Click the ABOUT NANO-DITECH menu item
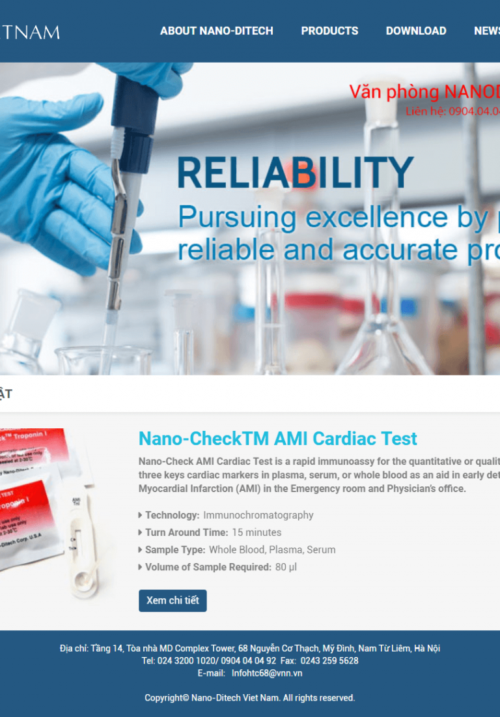pos(216,31)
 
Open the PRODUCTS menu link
pos(329,31)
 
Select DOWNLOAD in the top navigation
pos(415,31)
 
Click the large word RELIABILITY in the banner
pos(295,173)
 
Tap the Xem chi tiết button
pos(173,600)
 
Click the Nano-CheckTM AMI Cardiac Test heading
pos(278,439)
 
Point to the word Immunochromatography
pos(258,515)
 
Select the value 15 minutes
pos(257,533)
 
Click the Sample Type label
pos(174,549)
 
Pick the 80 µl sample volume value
pos(286,567)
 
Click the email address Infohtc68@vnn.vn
pos(267,673)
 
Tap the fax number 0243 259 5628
pos(329,661)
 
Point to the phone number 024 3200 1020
pos(186,661)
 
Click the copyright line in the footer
pos(250,698)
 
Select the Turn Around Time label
pos(186,533)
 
